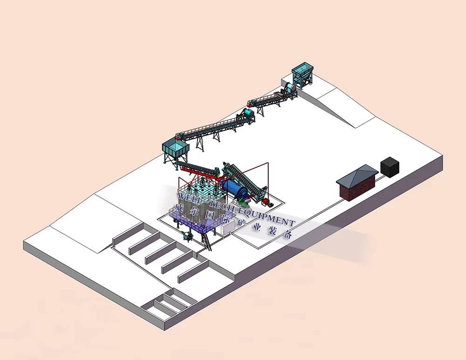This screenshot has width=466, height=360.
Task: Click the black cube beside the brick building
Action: click(x=390, y=167)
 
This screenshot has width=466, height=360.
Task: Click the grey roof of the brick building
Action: click(x=357, y=176)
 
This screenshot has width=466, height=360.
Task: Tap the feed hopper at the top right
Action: click(x=303, y=73)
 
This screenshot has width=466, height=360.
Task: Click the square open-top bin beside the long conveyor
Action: click(x=175, y=148)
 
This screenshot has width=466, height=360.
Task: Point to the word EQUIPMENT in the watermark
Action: click(x=267, y=217)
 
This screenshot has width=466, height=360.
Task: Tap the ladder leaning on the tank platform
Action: click(x=207, y=242)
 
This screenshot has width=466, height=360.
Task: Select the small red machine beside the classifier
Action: click(x=266, y=202)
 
